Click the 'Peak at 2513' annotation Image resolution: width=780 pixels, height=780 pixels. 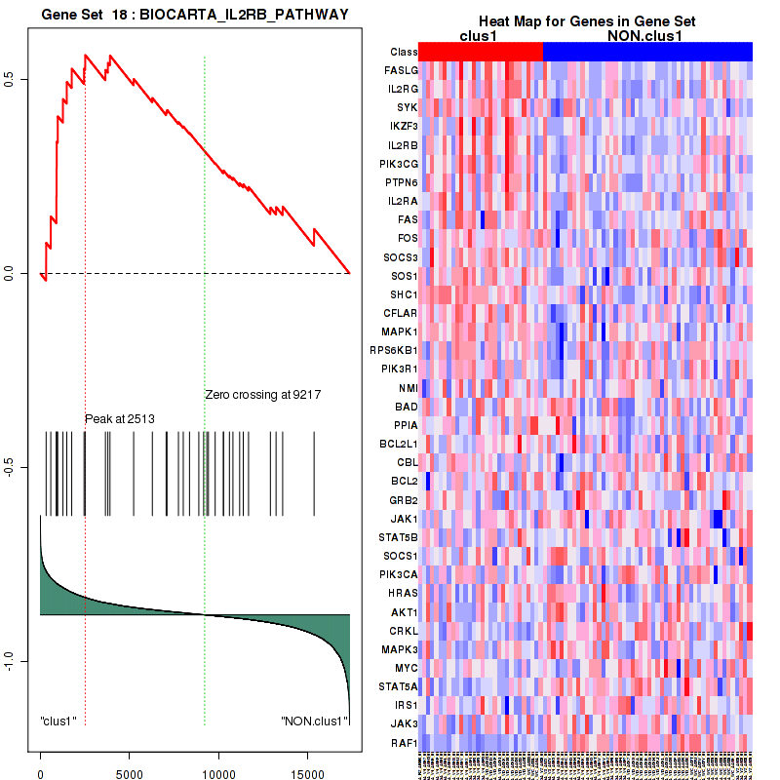(120, 418)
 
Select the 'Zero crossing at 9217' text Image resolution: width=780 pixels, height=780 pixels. (263, 395)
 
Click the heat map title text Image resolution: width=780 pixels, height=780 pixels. (586, 21)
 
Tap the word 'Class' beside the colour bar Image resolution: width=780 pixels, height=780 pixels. (404, 52)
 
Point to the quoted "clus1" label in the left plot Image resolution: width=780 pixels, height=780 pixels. (58, 721)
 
